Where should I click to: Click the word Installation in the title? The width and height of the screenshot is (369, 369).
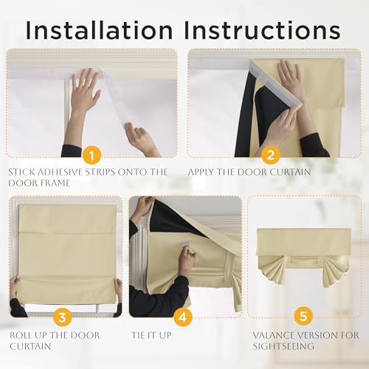point(99,30)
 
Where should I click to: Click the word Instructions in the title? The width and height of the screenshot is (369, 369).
point(262,30)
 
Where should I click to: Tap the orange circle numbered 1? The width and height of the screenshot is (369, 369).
point(92,155)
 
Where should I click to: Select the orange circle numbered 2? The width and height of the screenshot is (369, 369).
point(270,155)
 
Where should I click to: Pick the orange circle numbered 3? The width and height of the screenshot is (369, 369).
point(63,317)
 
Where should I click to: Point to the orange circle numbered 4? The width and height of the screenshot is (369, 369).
point(183,317)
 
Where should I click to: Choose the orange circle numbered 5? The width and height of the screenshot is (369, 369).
point(303,316)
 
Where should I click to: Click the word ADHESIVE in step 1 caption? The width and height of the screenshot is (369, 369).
point(60,172)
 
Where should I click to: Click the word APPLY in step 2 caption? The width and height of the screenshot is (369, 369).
point(201,172)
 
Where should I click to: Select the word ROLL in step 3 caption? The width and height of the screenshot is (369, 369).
point(21,335)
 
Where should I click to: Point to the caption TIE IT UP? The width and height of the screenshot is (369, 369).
point(151,335)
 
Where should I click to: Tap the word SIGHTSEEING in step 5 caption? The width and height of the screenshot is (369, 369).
point(283,346)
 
